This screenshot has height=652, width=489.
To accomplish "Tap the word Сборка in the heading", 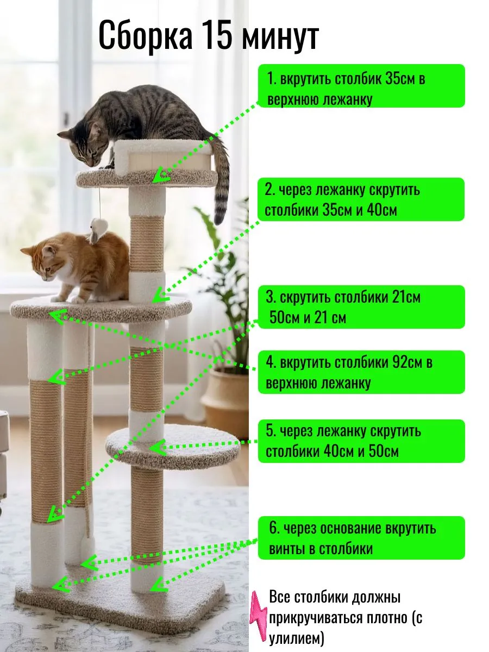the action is click(x=146, y=37).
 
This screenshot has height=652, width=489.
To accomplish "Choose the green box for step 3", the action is click(x=361, y=307).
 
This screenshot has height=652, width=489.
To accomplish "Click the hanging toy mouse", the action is click(x=97, y=230).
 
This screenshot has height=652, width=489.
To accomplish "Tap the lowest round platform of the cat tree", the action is click(x=172, y=447).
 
